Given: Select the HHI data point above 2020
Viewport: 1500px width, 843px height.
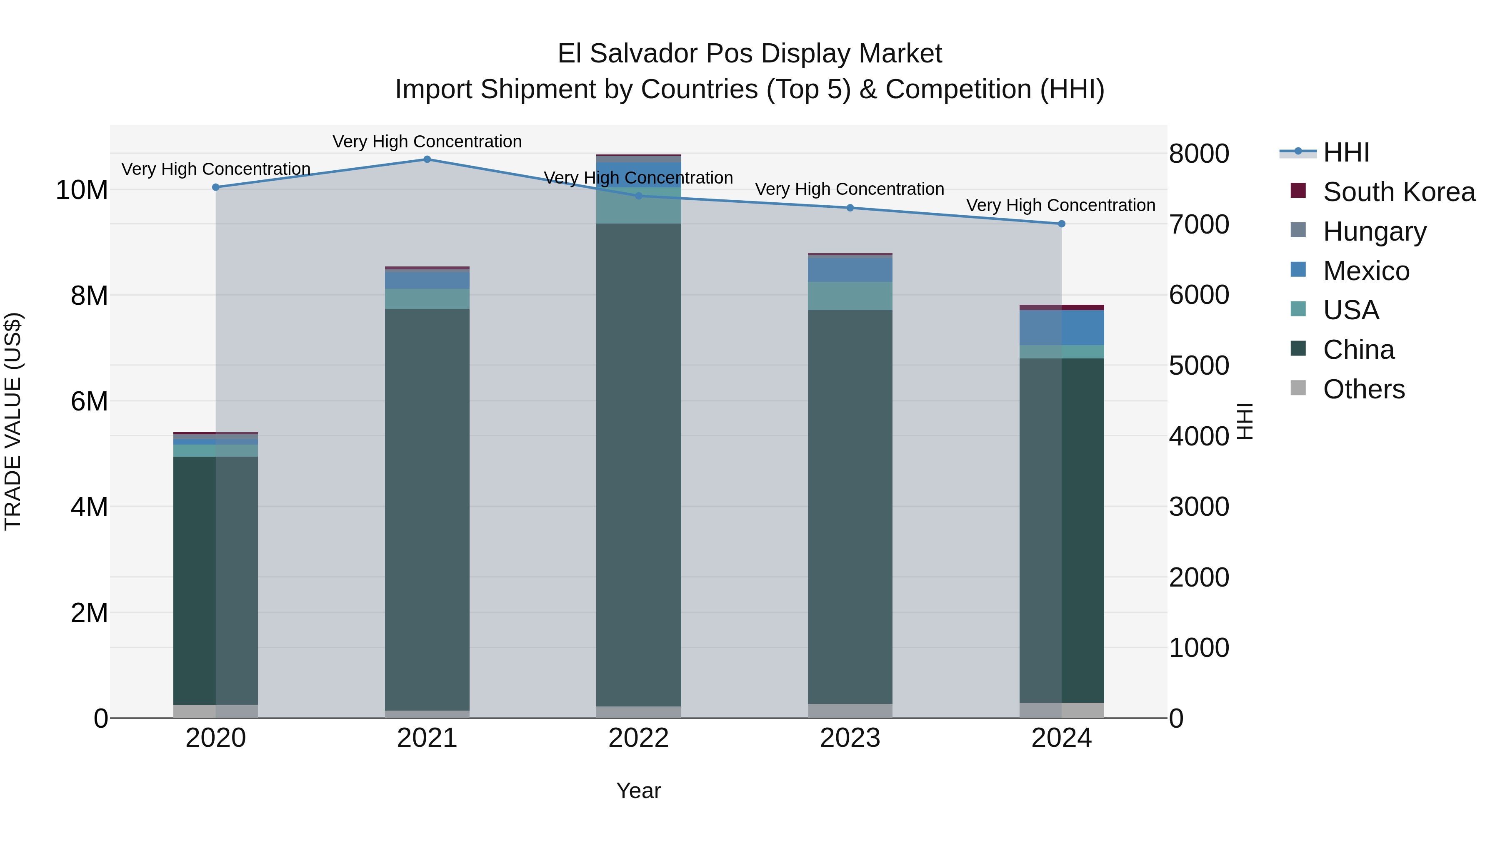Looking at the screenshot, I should (x=215, y=187).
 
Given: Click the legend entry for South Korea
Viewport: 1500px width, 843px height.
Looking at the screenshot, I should (x=1399, y=192).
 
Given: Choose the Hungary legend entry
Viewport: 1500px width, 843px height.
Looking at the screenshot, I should (x=1374, y=231).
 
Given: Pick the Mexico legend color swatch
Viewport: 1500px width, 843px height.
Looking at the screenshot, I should (x=1298, y=270).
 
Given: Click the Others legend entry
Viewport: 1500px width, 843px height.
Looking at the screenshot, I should (x=1363, y=389).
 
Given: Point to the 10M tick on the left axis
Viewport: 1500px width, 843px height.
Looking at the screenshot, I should (x=82, y=190).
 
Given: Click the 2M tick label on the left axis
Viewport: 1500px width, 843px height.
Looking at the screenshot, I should (x=89, y=613).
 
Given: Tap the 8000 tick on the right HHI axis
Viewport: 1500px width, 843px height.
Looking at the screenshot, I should (x=1199, y=154).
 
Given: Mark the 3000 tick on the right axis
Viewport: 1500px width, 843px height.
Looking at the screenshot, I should (x=1199, y=507).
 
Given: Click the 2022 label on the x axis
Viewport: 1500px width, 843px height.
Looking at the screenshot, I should (x=638, y=738).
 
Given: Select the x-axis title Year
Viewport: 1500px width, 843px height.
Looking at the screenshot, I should (x=638, y=791).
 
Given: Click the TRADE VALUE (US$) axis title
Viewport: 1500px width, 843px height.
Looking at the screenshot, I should (x=13, y=421).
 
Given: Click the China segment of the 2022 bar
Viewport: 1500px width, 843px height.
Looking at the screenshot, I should (x=638, y=465).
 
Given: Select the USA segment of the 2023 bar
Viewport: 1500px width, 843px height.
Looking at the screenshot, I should (x=850, y=296).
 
